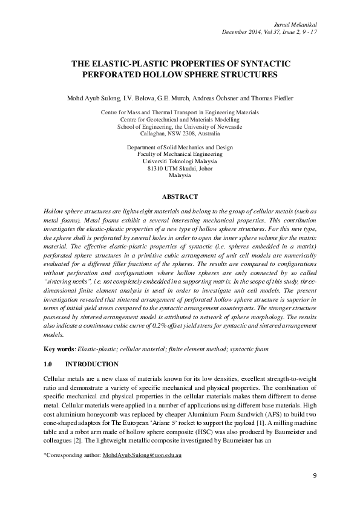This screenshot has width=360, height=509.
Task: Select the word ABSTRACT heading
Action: (180, 196)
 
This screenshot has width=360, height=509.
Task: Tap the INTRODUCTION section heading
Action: (91, 365)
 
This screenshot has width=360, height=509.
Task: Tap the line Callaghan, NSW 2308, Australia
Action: (180, 134)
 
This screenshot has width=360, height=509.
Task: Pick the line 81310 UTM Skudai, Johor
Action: (180, 168)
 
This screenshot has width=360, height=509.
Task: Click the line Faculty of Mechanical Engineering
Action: (180, 155)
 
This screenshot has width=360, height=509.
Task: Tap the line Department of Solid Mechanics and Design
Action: (180, 148)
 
